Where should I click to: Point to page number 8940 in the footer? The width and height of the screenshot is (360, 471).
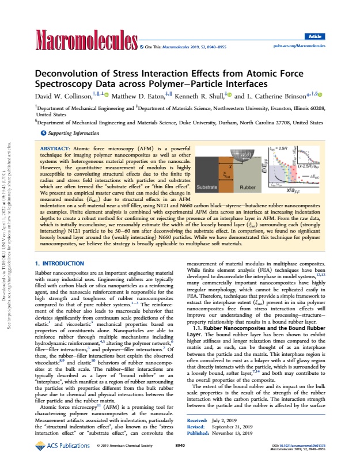[x=180, y=461]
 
